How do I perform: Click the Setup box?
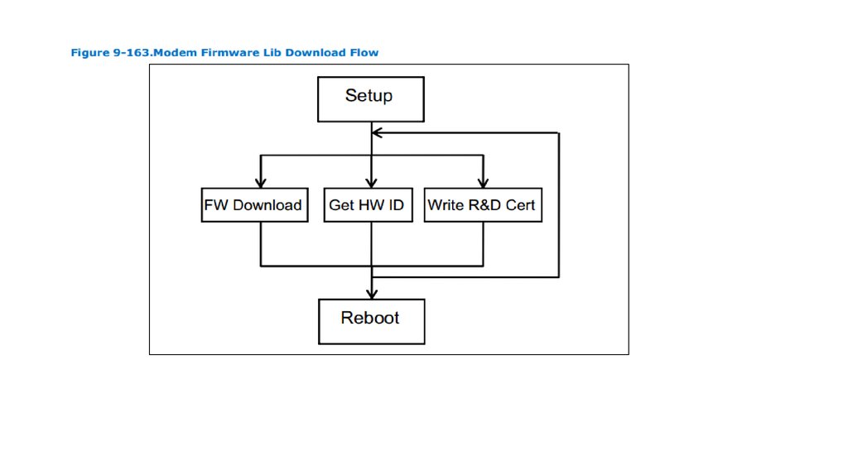pyautogui.click(x=370, y=99)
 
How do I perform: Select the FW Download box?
pyautogui.click(x=255, y=204)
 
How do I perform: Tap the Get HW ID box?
pyautogui.click(x=369, y=204)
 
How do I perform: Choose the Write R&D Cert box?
pyautogui.click(x=483, y=204)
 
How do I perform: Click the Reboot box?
pyautogui.click(x=372, y=322)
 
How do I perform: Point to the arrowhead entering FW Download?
pyautogui.click(x=261, y=183)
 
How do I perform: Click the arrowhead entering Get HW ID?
pyautogui.click(x=372, y=183)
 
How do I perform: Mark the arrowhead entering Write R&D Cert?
pyautogui.click(x=483, y=183)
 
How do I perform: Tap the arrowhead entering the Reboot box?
pyautogui.click(x=372, y=294)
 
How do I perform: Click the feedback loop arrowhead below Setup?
pyautogui.click(x=377, y=132)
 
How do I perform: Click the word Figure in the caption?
pyautogui.click(x=89, y=53)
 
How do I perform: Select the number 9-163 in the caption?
pyautogui.click(x=132, y=52)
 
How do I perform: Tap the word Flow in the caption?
pyautogui.click(x=364, y=52)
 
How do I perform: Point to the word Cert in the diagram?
pyautogui.click(x=520, y=205)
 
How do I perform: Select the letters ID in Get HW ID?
pyautogui.click(x=396, y=205)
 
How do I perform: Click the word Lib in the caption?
pyautogui.click(x=272, y=52)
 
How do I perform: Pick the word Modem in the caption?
pyautogui.click(x=176, y=52)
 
